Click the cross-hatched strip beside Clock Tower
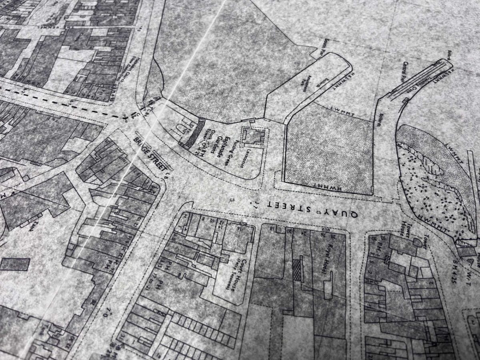coord(194,133)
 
